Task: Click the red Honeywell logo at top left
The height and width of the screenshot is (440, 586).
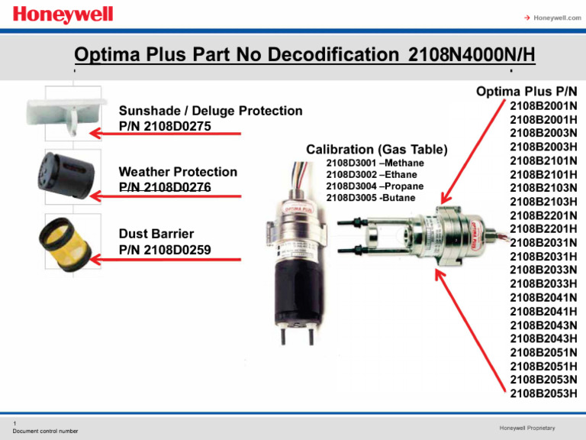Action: coord(63,15)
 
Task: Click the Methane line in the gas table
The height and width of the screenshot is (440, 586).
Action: coord(375,163)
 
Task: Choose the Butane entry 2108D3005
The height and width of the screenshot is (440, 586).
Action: coord(370,197)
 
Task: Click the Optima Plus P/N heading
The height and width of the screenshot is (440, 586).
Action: coord(526,91)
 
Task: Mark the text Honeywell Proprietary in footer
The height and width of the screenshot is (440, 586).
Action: coord(526,427)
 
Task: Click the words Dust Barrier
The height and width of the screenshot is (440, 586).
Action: coord(156,234)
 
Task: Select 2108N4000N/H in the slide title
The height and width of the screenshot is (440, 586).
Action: coord(471,56)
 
